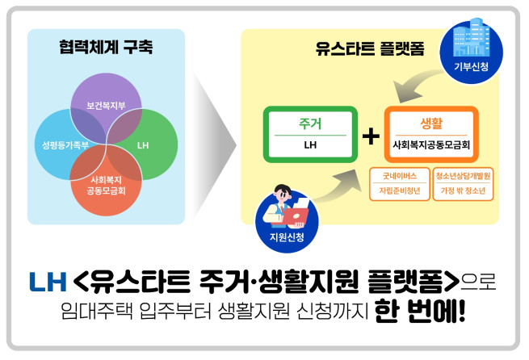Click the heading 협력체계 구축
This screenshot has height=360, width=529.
[x=106, y=47]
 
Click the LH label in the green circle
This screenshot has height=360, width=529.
[x=143, y=147]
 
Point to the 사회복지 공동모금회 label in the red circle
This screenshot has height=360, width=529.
[x=106, y=186]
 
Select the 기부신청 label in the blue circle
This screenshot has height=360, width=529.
[x=471, y=65]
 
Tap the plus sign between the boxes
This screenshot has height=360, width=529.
[x=371, y=136]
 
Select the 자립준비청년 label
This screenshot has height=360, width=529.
[x=398, y=191]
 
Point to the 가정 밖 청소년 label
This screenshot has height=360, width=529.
[x=463, y=191]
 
